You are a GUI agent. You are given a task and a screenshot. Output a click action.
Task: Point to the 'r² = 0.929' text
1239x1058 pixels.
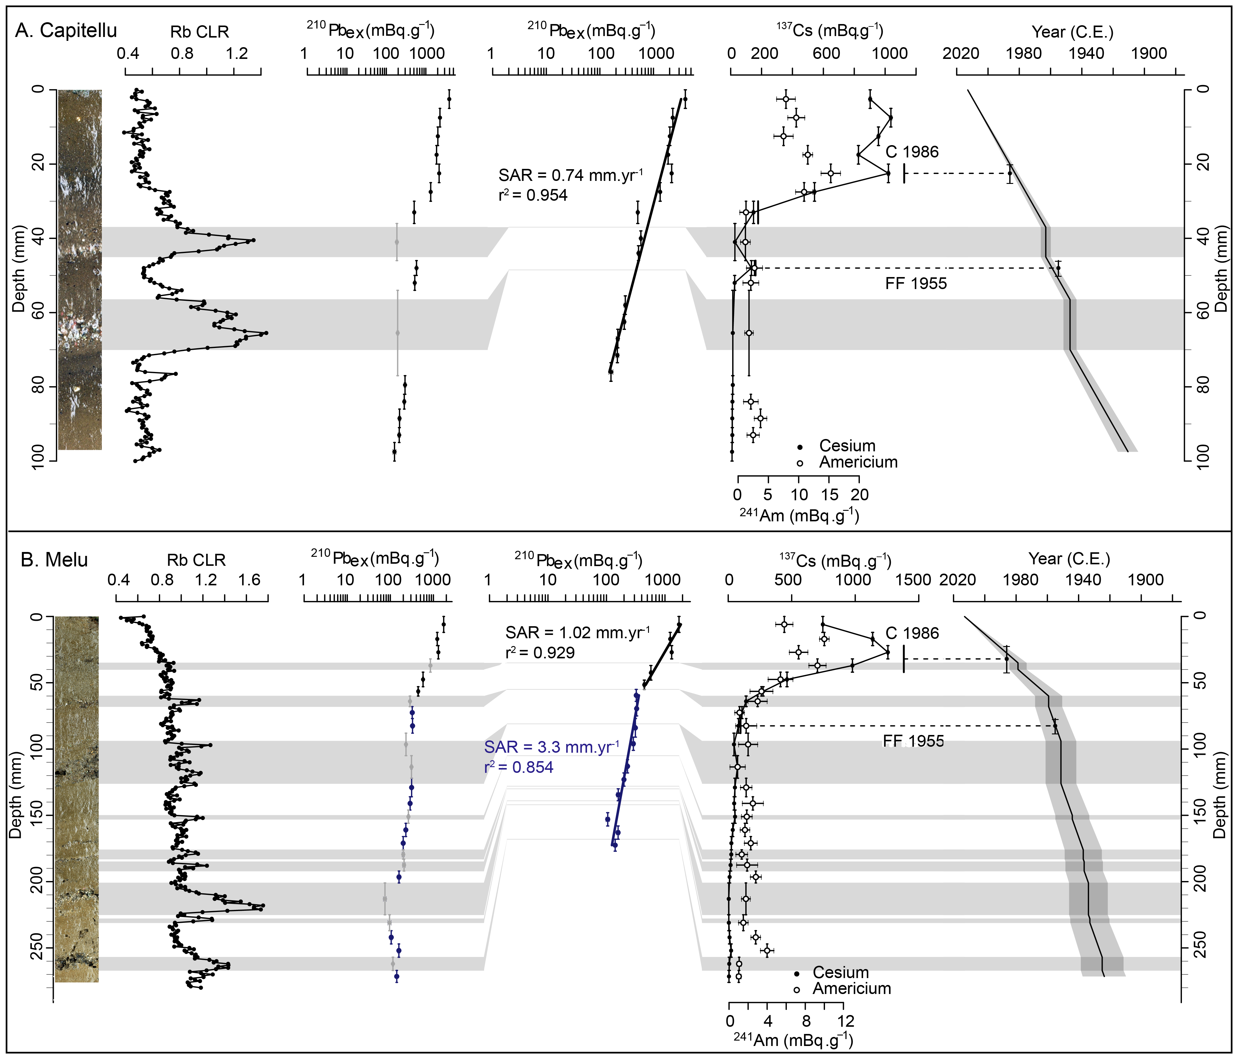540,653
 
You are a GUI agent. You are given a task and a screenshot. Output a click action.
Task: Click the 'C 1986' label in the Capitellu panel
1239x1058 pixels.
912,152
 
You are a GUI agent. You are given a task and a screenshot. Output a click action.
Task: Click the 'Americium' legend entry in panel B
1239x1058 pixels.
851,989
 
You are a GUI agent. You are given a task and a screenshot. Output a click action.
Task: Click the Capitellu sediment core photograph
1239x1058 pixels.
80,269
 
